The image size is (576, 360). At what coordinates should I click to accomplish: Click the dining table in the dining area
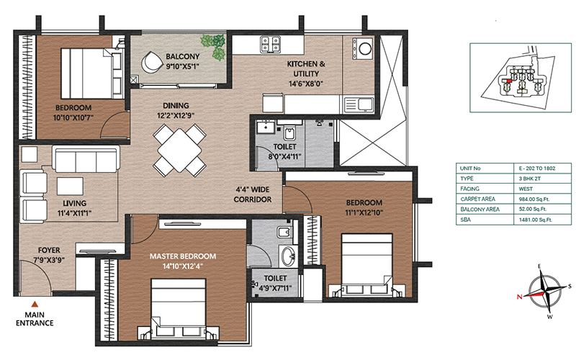point(179,150)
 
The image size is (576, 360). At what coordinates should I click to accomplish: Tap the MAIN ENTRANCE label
point(35,319)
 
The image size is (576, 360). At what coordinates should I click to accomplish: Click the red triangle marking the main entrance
point(35,304)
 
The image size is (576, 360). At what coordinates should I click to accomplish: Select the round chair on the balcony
point(152,62)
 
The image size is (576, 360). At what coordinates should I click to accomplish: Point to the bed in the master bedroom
point(178,310)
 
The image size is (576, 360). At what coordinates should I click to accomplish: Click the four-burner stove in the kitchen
point(271,45)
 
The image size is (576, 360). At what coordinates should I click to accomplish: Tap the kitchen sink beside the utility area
point(359,104)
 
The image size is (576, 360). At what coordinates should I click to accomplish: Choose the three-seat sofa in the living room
point(86,159)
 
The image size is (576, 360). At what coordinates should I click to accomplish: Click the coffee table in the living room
point(70,186)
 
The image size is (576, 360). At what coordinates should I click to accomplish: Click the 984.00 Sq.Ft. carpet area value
point(534,199)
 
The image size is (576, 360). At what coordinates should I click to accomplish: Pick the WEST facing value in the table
point(526,189)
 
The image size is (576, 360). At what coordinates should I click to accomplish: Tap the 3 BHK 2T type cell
point(529,179)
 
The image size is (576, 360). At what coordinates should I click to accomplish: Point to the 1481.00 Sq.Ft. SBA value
point(535,220)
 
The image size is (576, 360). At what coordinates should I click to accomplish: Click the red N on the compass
point(519,297)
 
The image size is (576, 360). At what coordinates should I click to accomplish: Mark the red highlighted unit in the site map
point(509,81)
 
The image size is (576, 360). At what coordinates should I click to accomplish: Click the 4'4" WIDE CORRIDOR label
point(253,194)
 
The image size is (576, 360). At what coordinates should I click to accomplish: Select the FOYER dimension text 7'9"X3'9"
point(49,260)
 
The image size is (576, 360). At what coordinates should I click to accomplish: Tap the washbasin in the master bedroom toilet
point(289,255)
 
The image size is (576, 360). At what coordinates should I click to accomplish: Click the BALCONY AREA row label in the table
point(480,210)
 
